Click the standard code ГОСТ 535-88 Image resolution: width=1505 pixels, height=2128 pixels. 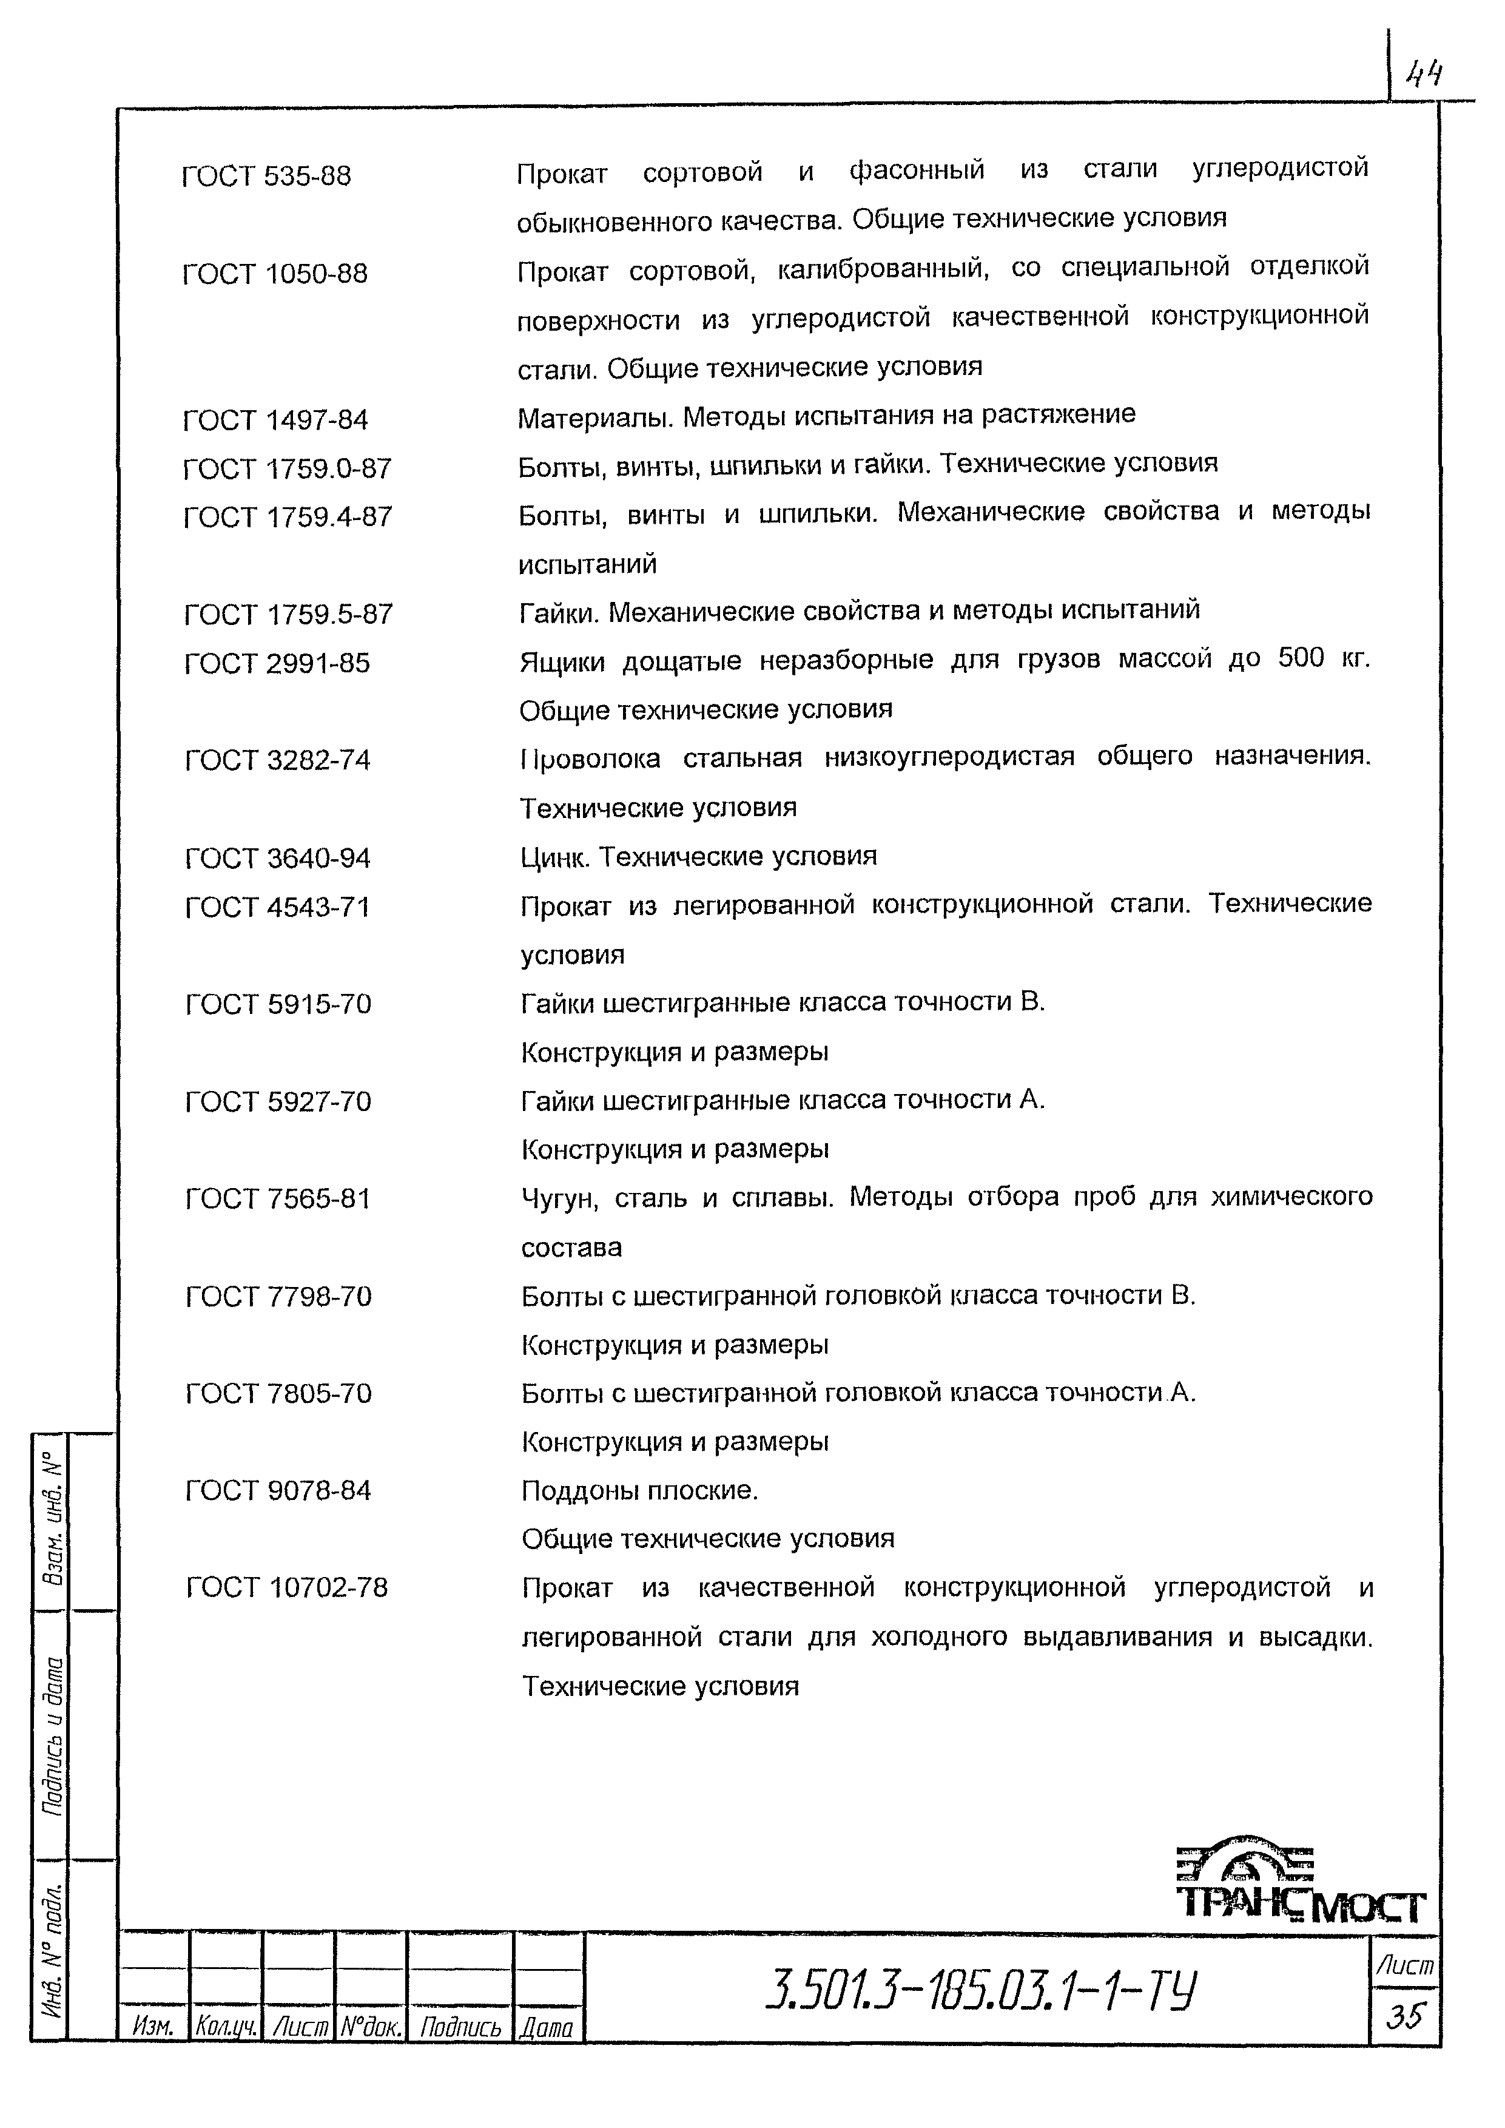266,175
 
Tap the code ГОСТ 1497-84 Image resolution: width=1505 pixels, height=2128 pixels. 275,420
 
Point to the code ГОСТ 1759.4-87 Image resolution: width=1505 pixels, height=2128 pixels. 288,516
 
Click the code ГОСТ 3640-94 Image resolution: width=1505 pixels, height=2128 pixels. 277,857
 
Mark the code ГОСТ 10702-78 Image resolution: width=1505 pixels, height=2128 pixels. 286,1588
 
